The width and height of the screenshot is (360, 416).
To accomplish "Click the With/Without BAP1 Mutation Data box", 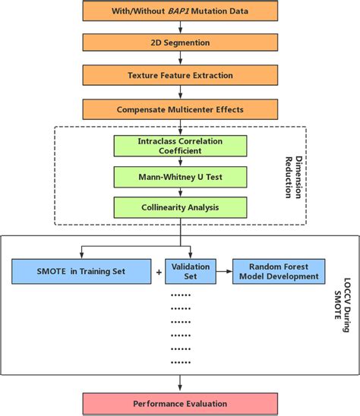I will point(180,11).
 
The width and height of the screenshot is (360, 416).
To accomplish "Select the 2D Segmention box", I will point(180,43).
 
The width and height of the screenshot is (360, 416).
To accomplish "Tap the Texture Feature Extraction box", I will point(180,76).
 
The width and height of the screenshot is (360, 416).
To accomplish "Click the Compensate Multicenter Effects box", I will point(180,109).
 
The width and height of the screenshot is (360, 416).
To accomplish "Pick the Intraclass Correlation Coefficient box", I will point(180,145).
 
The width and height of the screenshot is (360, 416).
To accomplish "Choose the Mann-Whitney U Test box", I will point(180,177).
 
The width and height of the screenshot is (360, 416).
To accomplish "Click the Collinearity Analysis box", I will point(180,206).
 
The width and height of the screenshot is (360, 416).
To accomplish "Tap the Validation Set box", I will point(191,271).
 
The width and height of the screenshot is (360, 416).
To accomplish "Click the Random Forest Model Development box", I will point(279,271).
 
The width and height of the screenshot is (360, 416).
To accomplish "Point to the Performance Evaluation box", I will point(180,404).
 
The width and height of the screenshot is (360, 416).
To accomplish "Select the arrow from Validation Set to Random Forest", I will point(224,271).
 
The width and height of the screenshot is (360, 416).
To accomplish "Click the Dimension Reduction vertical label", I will point(292,175).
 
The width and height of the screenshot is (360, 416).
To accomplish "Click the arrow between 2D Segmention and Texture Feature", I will point(180,59).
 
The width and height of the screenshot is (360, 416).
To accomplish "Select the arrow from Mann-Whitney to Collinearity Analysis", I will point(180,192).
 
